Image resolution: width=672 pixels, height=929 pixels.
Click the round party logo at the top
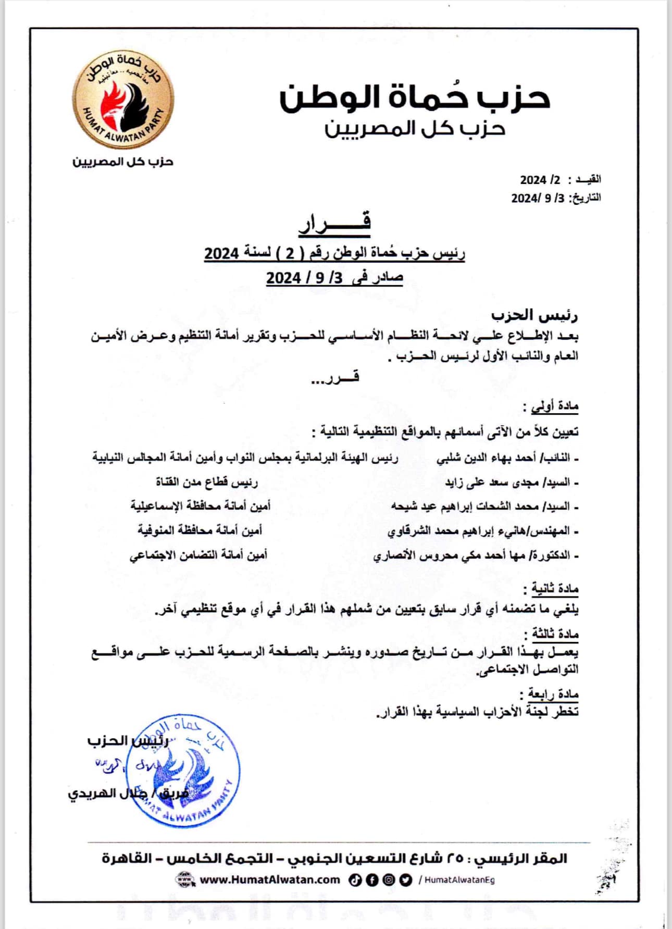[123, 98]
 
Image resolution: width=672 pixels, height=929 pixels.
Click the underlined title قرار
[335, 222]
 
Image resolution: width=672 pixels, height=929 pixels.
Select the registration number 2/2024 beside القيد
[540, 180]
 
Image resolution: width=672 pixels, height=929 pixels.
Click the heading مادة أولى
[555, 406]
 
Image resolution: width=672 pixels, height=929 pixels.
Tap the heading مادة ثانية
[555, 589]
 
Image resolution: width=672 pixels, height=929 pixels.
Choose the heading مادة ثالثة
[555, 634]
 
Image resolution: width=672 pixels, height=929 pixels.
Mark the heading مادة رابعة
[553, 694]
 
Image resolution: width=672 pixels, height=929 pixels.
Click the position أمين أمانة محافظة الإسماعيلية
[201, 505]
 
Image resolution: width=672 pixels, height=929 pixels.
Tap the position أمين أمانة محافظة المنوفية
[200, 530]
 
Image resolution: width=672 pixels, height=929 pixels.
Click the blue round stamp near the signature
[184, 771]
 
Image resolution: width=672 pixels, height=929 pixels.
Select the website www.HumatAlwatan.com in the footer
[270, 880]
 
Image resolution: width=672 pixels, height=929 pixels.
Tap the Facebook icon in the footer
[372, 880]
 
